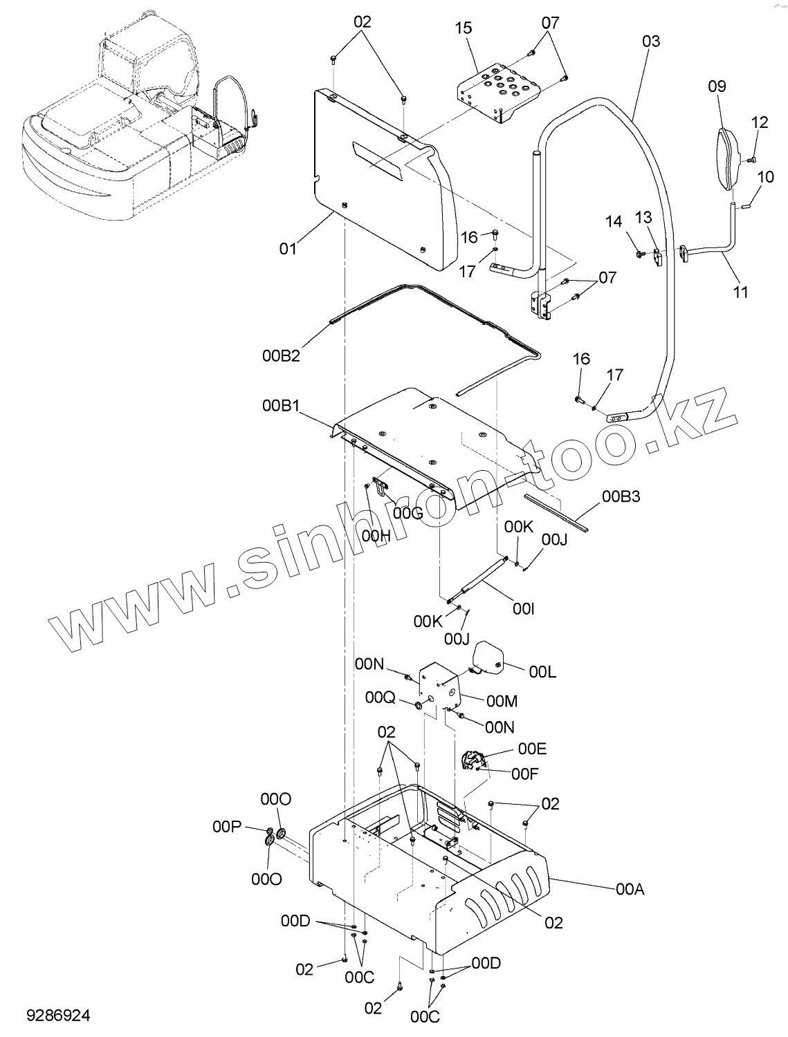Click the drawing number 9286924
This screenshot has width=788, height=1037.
tap(58, 1016)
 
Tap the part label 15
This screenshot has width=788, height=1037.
tap(464, 28)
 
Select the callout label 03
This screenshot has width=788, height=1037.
tap(651, 41)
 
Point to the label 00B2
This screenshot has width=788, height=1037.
tap(281, 356)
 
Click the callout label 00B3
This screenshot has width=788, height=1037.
tap(621, 496)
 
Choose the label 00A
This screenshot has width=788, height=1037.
tap(630, 889)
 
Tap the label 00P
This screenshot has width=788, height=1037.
tap(226, 827)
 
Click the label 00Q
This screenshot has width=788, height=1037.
tap(380, 698)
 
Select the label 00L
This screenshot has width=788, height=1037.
tap(543, 671)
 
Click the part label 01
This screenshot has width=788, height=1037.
tap(288, 247)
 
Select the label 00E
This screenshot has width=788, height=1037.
tap(532, 749)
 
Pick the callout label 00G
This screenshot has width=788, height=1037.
tap(407, 513)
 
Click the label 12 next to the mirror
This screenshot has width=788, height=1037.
tap(759, 122)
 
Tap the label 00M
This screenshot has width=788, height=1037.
tap(502, 701)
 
